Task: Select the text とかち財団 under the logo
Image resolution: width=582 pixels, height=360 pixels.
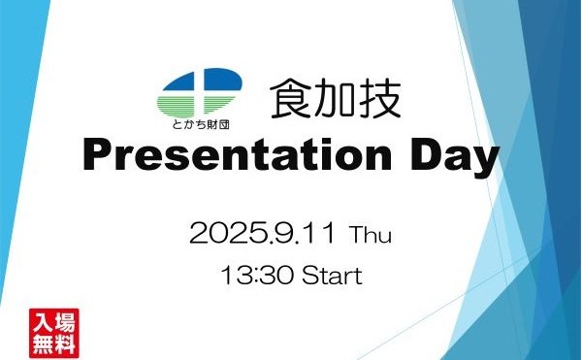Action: click(x=199, y=125)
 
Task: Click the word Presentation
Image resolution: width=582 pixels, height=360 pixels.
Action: click(x=242, y=157)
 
